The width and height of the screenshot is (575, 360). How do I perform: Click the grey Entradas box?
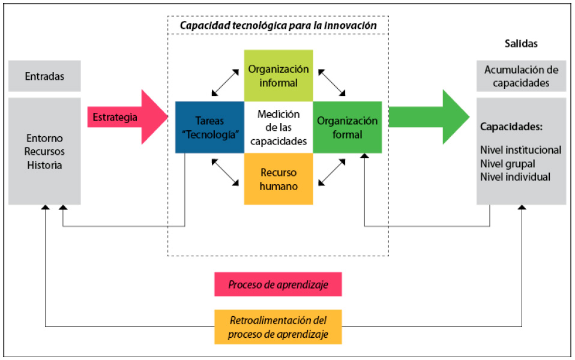44,76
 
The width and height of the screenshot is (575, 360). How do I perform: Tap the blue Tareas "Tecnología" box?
209,127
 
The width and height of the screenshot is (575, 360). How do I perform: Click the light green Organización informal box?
278,75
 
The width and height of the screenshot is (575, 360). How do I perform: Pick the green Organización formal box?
348,127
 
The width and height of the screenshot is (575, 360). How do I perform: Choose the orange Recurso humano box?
278,179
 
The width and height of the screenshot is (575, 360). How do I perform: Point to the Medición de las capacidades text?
278,127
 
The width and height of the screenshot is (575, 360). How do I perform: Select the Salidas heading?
521,43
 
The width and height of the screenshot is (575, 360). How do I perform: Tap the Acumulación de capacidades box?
521,76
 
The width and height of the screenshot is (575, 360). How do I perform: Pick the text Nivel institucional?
520,150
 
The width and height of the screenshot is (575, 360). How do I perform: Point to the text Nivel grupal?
508,163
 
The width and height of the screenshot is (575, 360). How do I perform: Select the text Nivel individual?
515,176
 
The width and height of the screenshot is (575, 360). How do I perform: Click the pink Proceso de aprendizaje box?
278,284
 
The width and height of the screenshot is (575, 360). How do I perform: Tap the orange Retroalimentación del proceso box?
278,327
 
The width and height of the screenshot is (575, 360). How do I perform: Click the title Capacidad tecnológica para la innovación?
278,25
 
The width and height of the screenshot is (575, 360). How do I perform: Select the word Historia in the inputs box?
44,164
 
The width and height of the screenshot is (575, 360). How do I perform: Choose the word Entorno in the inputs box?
44,139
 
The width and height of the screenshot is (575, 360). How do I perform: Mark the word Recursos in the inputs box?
44,151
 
